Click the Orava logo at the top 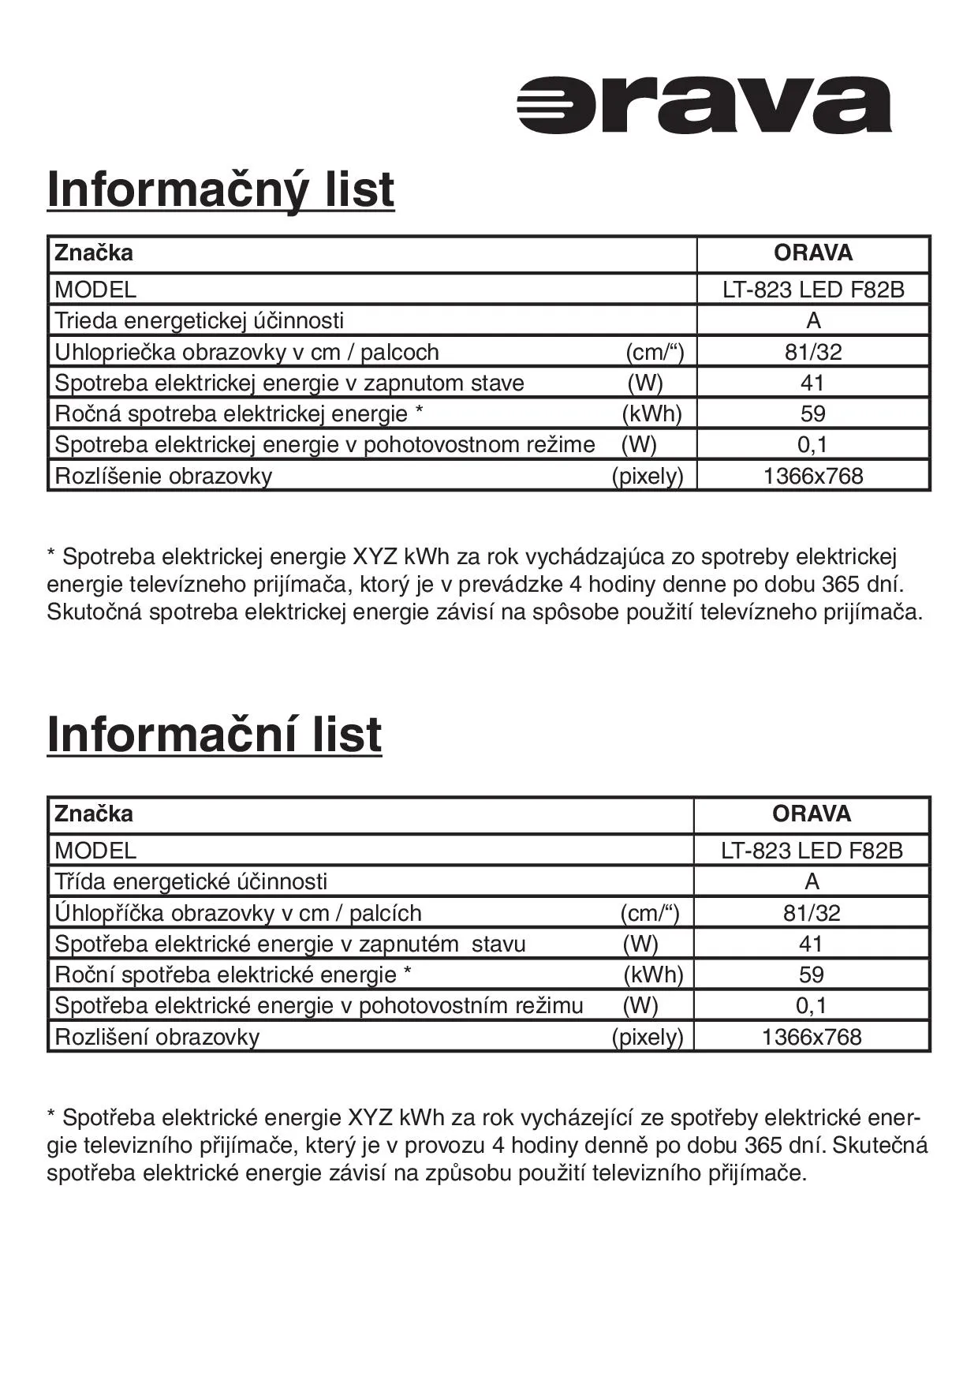point(704,105)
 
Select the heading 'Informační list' point(215,735)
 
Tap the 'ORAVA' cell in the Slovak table point(813,253)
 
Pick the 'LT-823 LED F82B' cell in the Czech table point(812,851)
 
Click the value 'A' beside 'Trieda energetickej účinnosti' point(813,320)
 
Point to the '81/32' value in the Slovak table point(813,352)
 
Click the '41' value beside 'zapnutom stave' point(812,383)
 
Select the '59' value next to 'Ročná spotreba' point(812,413)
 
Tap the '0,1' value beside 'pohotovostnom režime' point(812,445)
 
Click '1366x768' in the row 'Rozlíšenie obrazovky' point(813,477)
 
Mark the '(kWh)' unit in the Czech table point(653,974)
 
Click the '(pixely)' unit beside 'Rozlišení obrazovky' point(648,1037)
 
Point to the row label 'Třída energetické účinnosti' point(191,881)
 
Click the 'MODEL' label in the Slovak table point(95,290)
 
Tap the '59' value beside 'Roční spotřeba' point(812,974)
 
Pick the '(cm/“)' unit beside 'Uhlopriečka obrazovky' point(655,352)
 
